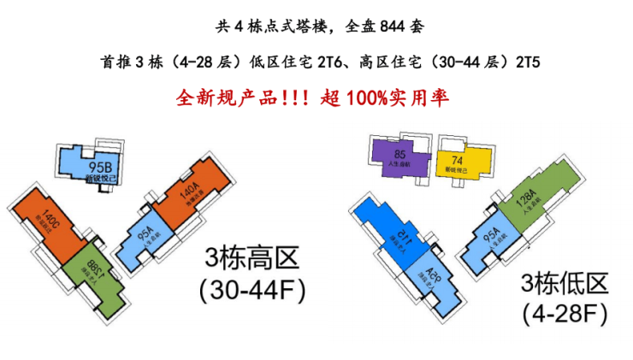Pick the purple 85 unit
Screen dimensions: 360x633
pyautogui.click(x=400, y=154)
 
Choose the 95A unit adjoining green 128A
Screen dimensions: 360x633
pyautogui.click(x=493, y=244)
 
